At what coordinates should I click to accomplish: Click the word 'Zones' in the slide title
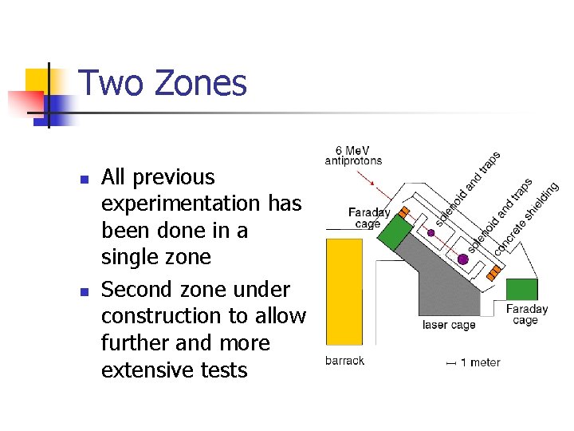pyautogui.click(x=202, y=83)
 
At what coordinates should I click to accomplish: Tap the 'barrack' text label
pyautogui.click(x=344, y=361)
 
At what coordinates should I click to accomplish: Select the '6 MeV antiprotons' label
pyautogui.click(x=353, y=155)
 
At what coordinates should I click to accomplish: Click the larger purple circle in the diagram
pyautogui.click(x=462, y=259)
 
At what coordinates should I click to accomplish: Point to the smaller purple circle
pyautogui.click(x=431, y=233)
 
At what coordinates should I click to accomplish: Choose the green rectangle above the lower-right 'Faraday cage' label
pyautogui.click(x=522, y=290)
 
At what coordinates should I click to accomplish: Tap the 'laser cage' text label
pyautogui.click(x=449, y=325)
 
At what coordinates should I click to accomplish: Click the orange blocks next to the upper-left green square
pyautogui.click(x=404, y=212)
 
